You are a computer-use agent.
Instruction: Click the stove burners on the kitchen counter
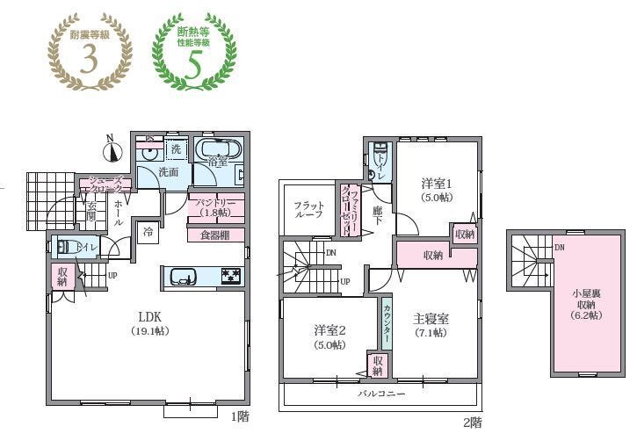tap(230, 277)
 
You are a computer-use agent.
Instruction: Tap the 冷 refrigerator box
tap(148, 232)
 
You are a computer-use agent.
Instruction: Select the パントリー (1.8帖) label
tap(215, 207)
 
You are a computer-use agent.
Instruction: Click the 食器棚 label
tap(216, 235)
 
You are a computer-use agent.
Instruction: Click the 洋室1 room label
tap(436, 189)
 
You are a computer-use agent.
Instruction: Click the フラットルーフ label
tap(308, 208)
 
